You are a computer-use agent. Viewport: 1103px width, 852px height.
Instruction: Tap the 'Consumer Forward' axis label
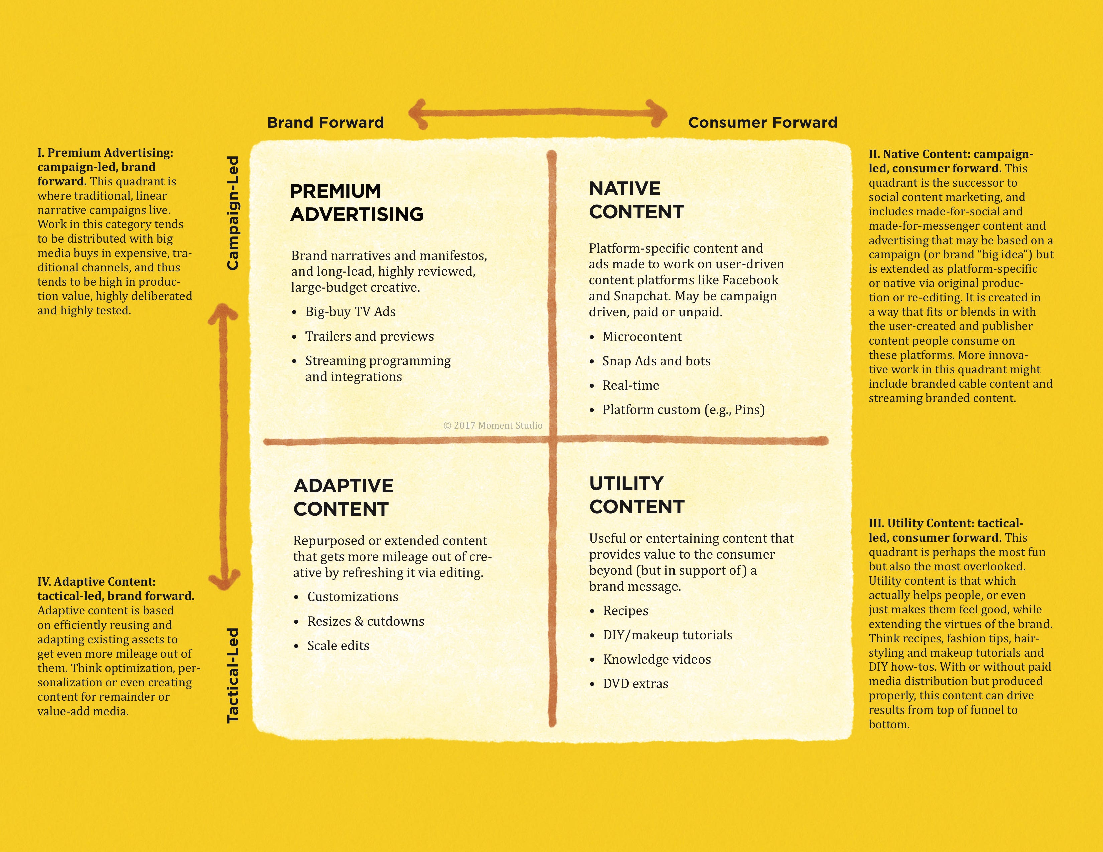pyautogui.click(x=763, y=123)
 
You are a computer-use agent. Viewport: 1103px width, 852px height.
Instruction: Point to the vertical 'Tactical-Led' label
pyautogui.click(x=232, y=675)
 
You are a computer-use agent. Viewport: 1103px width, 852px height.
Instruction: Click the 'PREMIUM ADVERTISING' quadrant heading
pyautogui.click(x=357, y=203)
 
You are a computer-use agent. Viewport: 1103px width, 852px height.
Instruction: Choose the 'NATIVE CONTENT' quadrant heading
pyautogui.click(x=636, y=200)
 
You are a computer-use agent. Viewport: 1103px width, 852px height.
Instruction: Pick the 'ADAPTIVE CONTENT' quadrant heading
pyautogui.click(x=343, y=497)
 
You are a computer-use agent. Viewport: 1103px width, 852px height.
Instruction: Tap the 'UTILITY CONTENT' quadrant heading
pyautogui.click(x=636, y=495)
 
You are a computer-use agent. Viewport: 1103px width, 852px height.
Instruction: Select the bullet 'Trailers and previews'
pyautogui.click(x=369, y=336)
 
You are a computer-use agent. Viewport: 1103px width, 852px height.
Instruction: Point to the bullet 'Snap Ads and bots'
pyautogui.click(x=656, y=361)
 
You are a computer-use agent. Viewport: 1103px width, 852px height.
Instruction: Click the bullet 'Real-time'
pyautogui.click(x=631, y=386)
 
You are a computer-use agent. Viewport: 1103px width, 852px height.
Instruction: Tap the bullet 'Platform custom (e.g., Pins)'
pyautogui.click(x=683, y=410)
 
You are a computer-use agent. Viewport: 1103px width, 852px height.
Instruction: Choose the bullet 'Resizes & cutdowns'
pyautogui.click(x=366, y=621)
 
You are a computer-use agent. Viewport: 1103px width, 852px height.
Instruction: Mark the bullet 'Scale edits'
pyautogui.click(x=338, y=645)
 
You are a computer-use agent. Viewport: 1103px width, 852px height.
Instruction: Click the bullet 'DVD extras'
pyautogui.click(x=635, y=684)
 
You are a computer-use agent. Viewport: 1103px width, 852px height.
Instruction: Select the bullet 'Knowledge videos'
pyautogui.click(x=656, y=659)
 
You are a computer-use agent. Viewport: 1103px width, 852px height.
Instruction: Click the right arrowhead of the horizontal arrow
pyautogui.click(x=657, y=114)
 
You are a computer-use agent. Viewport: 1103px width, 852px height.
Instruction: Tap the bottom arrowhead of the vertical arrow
pyautogui.click(x=224, y=580)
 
